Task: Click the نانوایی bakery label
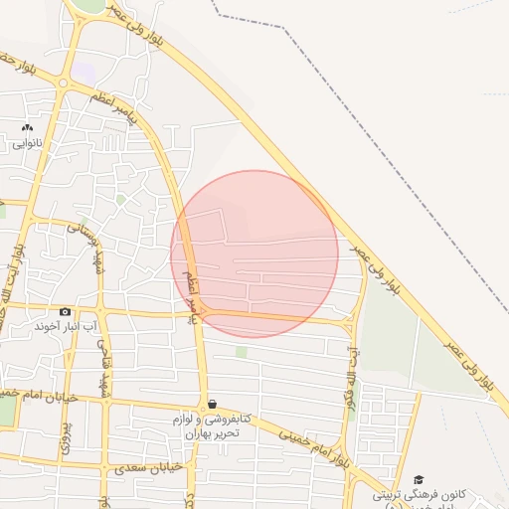click(x=28, y=143)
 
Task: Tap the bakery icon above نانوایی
click(x=27, y=128)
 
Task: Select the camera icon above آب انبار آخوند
click(x=66, y=311)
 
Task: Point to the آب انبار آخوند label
click(x=66, y=326)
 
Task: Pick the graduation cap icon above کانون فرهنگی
click(x=419, y=480)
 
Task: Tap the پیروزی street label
click(x=67, y=438)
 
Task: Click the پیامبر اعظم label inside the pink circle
click(x=195, y=298)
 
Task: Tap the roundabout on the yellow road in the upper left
click(x=63, y=85)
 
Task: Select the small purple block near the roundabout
click(x=84, y=74)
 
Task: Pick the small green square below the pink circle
click(x=242, y=352)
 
